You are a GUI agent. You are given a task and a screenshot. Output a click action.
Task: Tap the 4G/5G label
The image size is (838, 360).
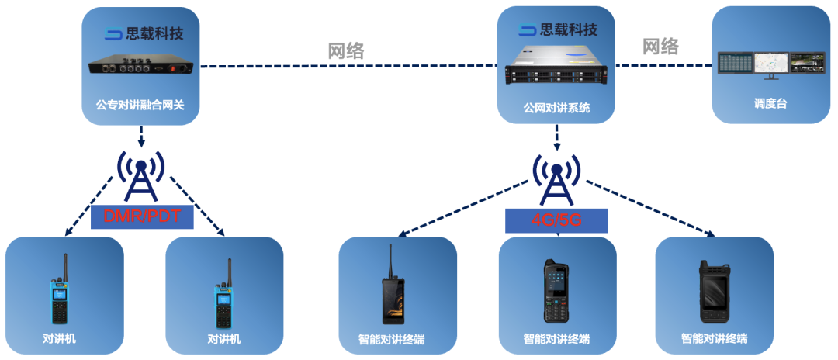(556, 220)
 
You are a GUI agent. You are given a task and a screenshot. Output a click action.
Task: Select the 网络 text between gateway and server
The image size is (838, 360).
(346, 50)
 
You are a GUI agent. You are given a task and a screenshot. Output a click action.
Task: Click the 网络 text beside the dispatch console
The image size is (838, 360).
(660, 46)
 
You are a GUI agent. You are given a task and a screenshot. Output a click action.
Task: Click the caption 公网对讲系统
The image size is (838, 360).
(556, 109)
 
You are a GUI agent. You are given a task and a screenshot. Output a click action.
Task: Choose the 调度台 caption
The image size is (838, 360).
(770, 102)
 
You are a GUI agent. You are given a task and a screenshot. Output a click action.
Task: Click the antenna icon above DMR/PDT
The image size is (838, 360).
(140, 175)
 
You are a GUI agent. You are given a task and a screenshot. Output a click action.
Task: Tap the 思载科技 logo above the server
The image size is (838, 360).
(558, 30)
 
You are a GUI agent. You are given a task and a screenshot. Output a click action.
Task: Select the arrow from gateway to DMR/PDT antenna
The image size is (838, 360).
(140, 137)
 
